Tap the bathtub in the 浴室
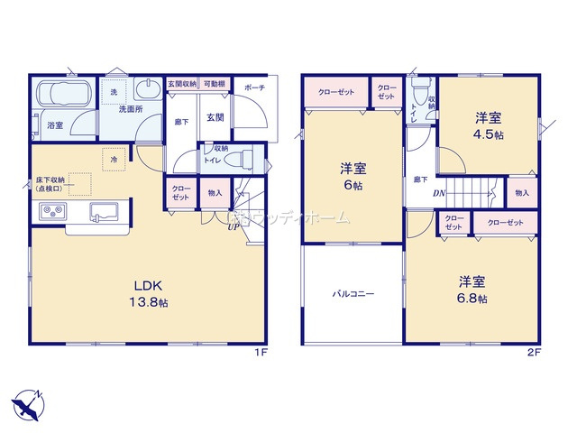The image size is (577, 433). coord(61,94)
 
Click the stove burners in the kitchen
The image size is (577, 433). coord(50,213)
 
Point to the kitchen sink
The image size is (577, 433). coord(101,213)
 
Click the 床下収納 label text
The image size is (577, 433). coord(32,186)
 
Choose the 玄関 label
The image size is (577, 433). coord(215,117)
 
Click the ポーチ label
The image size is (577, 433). coord(254,87)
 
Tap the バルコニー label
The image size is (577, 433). coord(353,294)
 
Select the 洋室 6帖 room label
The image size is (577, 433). coord(351,176)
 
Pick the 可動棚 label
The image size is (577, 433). coord(214,83)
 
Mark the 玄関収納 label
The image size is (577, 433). coord(182,83)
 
